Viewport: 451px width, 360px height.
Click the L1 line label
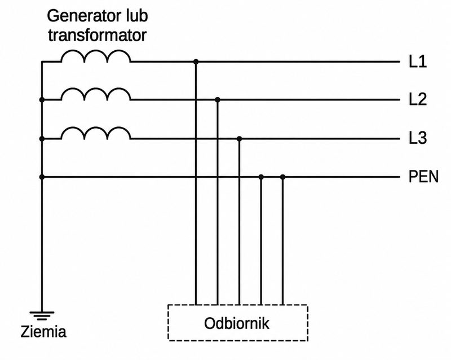[x=418, y=62]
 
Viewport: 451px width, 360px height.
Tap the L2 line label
[x=418, y=99]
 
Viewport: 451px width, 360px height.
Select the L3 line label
[x=418, y=138]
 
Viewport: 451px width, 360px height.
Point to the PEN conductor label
[x=423, y=177]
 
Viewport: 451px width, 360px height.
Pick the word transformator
[x=97, y=35]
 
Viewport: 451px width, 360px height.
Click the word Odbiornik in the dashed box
[x=236, y=323]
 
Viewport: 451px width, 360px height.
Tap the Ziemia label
[x=43, y=331]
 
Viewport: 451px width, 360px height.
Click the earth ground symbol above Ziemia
[x=42, y=315]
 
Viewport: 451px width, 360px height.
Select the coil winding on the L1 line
[x=95, y=51]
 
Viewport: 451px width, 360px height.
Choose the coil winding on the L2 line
[x=95, y=89]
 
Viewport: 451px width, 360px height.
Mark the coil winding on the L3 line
[x=95, y=128]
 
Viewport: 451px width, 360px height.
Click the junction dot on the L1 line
[x=196, y=62]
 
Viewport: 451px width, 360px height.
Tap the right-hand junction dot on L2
[x=218, y=100]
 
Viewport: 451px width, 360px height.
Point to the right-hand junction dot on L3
[x=239, y=139]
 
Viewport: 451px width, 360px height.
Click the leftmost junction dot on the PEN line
[x=42, y=177]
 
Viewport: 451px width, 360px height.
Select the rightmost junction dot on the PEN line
[x=283, y=177]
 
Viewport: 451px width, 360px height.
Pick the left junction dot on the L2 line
[x=42, y=100]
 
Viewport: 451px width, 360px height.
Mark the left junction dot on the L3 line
[x=42, y=139]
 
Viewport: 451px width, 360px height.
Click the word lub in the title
[x=136, y=16]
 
